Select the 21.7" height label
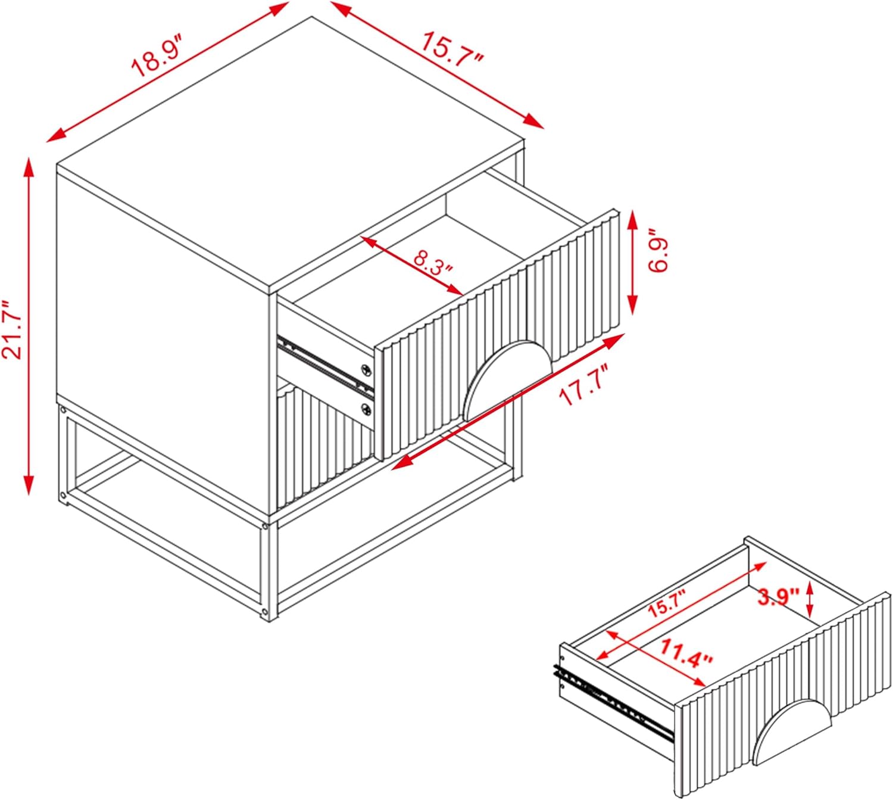(x=12, y=331)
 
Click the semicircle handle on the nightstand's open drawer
(x=507, y=377)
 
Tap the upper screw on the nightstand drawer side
(x=366, y=369)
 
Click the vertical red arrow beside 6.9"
(x=632, y=262)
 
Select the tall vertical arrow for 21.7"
(x=29, y=326)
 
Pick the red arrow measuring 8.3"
(x=412, y=265)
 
